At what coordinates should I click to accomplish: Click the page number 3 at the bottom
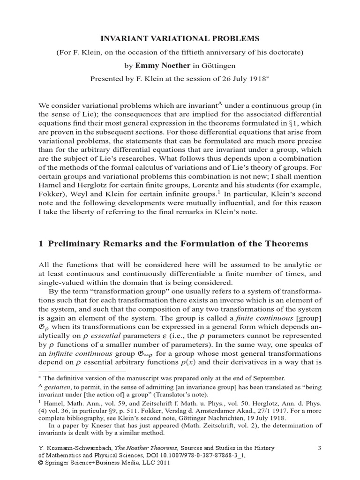point(319,448)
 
